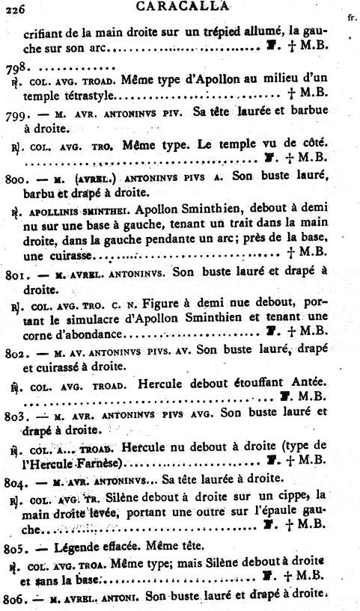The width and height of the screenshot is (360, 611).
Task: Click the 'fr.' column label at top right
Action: click(351, 16)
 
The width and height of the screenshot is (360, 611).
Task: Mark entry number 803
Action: click(16, 411)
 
